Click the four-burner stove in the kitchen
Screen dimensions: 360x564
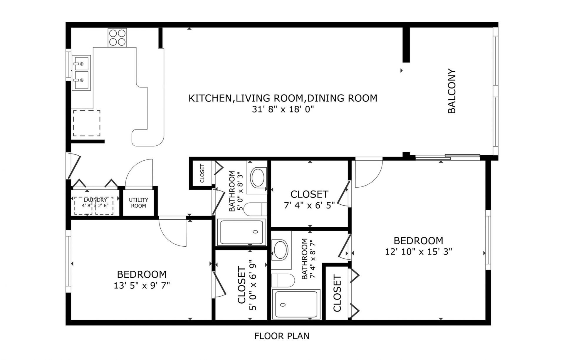[x=117, y=37]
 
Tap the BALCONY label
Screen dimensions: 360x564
[x=451, y=91]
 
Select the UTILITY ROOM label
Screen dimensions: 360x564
[x=138, y=203]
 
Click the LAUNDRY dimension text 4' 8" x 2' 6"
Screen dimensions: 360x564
[x=95, y=206]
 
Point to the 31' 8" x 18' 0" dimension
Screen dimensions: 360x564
[x=283, y=110]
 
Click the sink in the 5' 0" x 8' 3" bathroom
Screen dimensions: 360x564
[x=258, y=177]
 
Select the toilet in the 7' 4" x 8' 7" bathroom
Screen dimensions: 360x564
[x=282, y=280]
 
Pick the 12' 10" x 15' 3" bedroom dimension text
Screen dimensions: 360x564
[x=418, y=252]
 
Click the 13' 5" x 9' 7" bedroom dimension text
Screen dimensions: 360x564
[x=142, y=285]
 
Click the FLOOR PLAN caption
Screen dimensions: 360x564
[x=282, y=336]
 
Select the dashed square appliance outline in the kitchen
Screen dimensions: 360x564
[x=87, y=123]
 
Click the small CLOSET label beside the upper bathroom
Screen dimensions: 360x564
[x=202, y=173]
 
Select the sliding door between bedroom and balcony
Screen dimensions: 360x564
[x=447, y=157]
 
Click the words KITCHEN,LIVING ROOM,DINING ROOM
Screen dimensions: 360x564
[x=283, y=98]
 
